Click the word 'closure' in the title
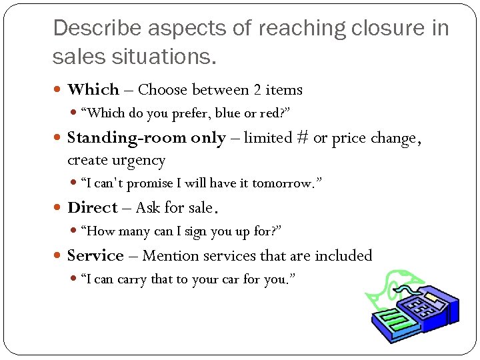click(373, 28)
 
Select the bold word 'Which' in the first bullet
click(93, 89)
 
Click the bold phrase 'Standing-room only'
click(147, 137)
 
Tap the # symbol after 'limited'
click(303, 137)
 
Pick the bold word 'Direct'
click(92, 207)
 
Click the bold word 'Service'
click(95, 255)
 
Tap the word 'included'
click(343, 255)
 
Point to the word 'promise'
click(152, 183)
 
